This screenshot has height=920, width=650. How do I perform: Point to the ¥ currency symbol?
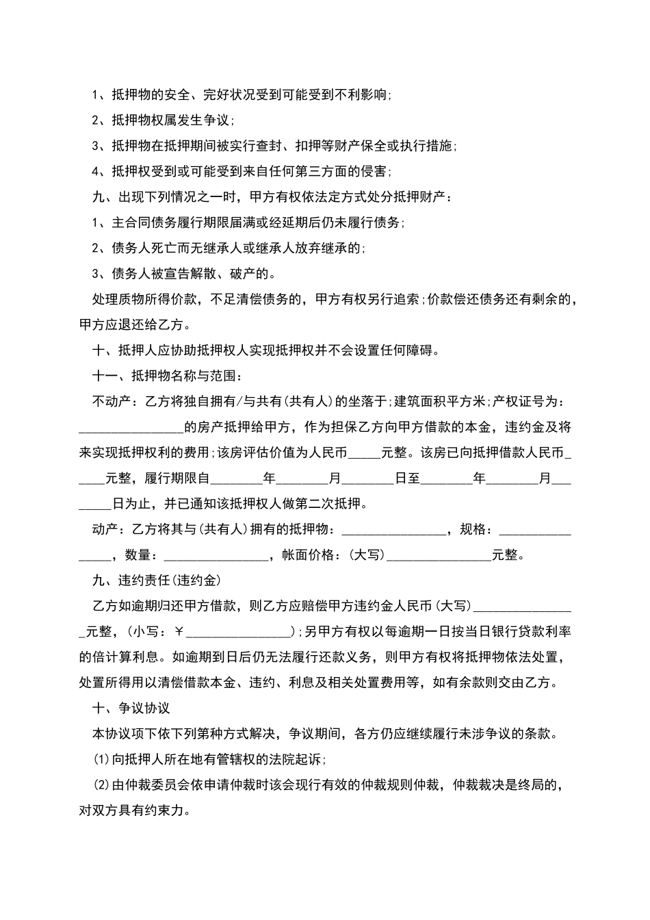pyautogui.click(x=180, y=632)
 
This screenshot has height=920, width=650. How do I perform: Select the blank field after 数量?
pyautogui.click(x=216, y=555)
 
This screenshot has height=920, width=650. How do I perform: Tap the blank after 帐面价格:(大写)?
pyautogui.click(x=439, y=555)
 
